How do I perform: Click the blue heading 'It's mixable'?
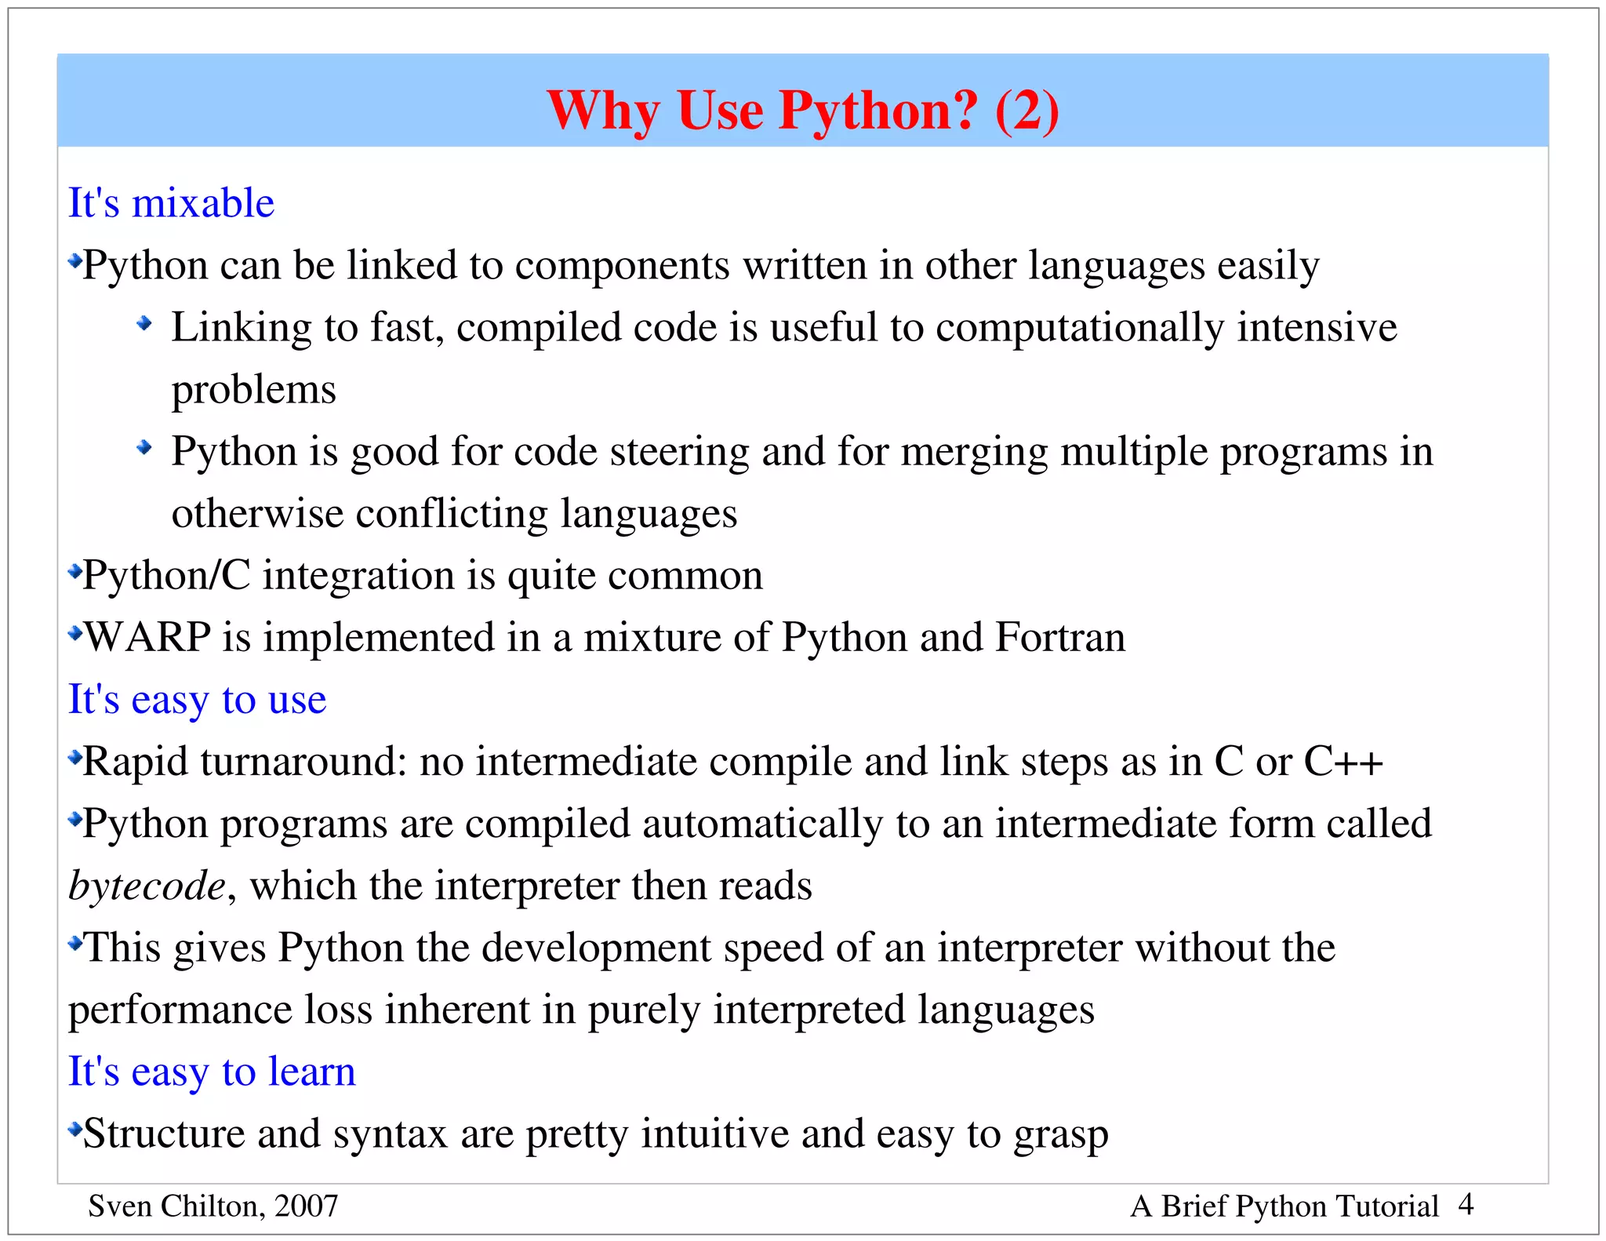171,203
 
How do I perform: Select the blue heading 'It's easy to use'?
197,699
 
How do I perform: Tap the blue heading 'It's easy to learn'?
212,1072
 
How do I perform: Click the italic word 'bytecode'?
147,886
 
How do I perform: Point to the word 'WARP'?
147,637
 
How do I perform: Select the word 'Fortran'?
1059,637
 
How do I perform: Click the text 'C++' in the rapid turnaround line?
1343,762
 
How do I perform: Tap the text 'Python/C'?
166,576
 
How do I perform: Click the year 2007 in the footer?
307,1206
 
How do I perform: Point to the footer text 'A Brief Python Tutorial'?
1284,1206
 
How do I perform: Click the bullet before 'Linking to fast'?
144,322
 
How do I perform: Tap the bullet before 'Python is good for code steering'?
144,447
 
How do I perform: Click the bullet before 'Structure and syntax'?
75,1130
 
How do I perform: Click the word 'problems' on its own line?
253,390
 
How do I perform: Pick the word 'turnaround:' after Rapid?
303,762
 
